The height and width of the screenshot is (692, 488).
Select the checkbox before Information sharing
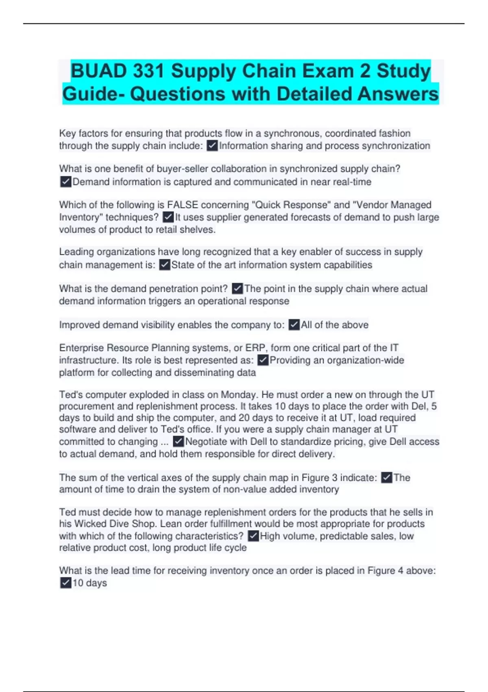212,146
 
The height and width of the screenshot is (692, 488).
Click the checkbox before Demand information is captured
65,182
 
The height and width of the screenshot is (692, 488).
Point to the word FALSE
183,205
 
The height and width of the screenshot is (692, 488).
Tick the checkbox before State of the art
164,265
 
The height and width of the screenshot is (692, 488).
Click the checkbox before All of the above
294,325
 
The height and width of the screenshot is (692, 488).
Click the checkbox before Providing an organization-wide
263,360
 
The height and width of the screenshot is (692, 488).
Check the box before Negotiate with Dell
178,442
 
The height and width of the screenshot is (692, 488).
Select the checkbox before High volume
253,536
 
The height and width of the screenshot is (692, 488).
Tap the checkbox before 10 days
65,583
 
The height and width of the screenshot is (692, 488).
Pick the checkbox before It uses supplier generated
168,217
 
